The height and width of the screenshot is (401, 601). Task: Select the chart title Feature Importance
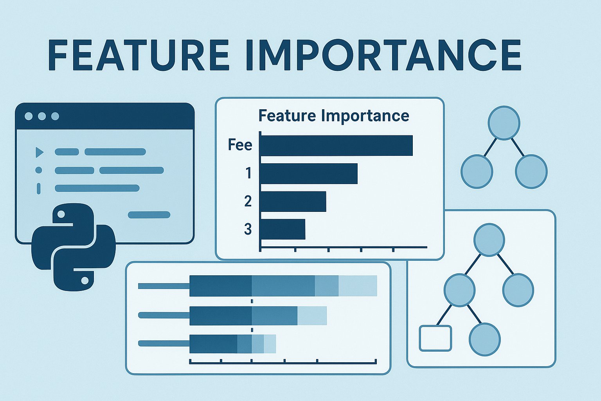tap(334, 116)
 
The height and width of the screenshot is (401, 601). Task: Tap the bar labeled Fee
tap(336, 145)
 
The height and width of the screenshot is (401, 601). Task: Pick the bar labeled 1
tap(309, 173)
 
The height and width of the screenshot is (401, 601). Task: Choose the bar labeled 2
tap(293, 202)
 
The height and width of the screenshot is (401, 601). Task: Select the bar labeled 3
tap(283, 229)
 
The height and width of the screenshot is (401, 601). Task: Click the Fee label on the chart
tap(240, 145)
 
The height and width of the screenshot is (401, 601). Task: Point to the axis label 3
tap(248, 229)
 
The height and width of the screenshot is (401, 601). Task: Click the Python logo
tap(74, 247)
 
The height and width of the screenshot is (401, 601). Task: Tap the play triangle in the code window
tap(39, 152)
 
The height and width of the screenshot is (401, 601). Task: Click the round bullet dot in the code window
tap(39, 170)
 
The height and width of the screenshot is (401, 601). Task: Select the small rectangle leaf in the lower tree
tap(435, 338)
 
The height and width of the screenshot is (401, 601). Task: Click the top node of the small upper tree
tap(504, 123)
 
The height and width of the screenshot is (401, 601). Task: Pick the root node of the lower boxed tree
tap(489, 240)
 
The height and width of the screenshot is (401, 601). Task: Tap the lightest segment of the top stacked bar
tap(358, 286)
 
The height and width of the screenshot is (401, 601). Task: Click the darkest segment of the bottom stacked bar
tap(213, 344)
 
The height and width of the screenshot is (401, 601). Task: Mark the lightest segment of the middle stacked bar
tap(312, 316)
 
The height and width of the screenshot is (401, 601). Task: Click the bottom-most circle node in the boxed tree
tap(484, 339)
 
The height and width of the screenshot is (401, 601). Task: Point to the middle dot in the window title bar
tap(42, 116)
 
